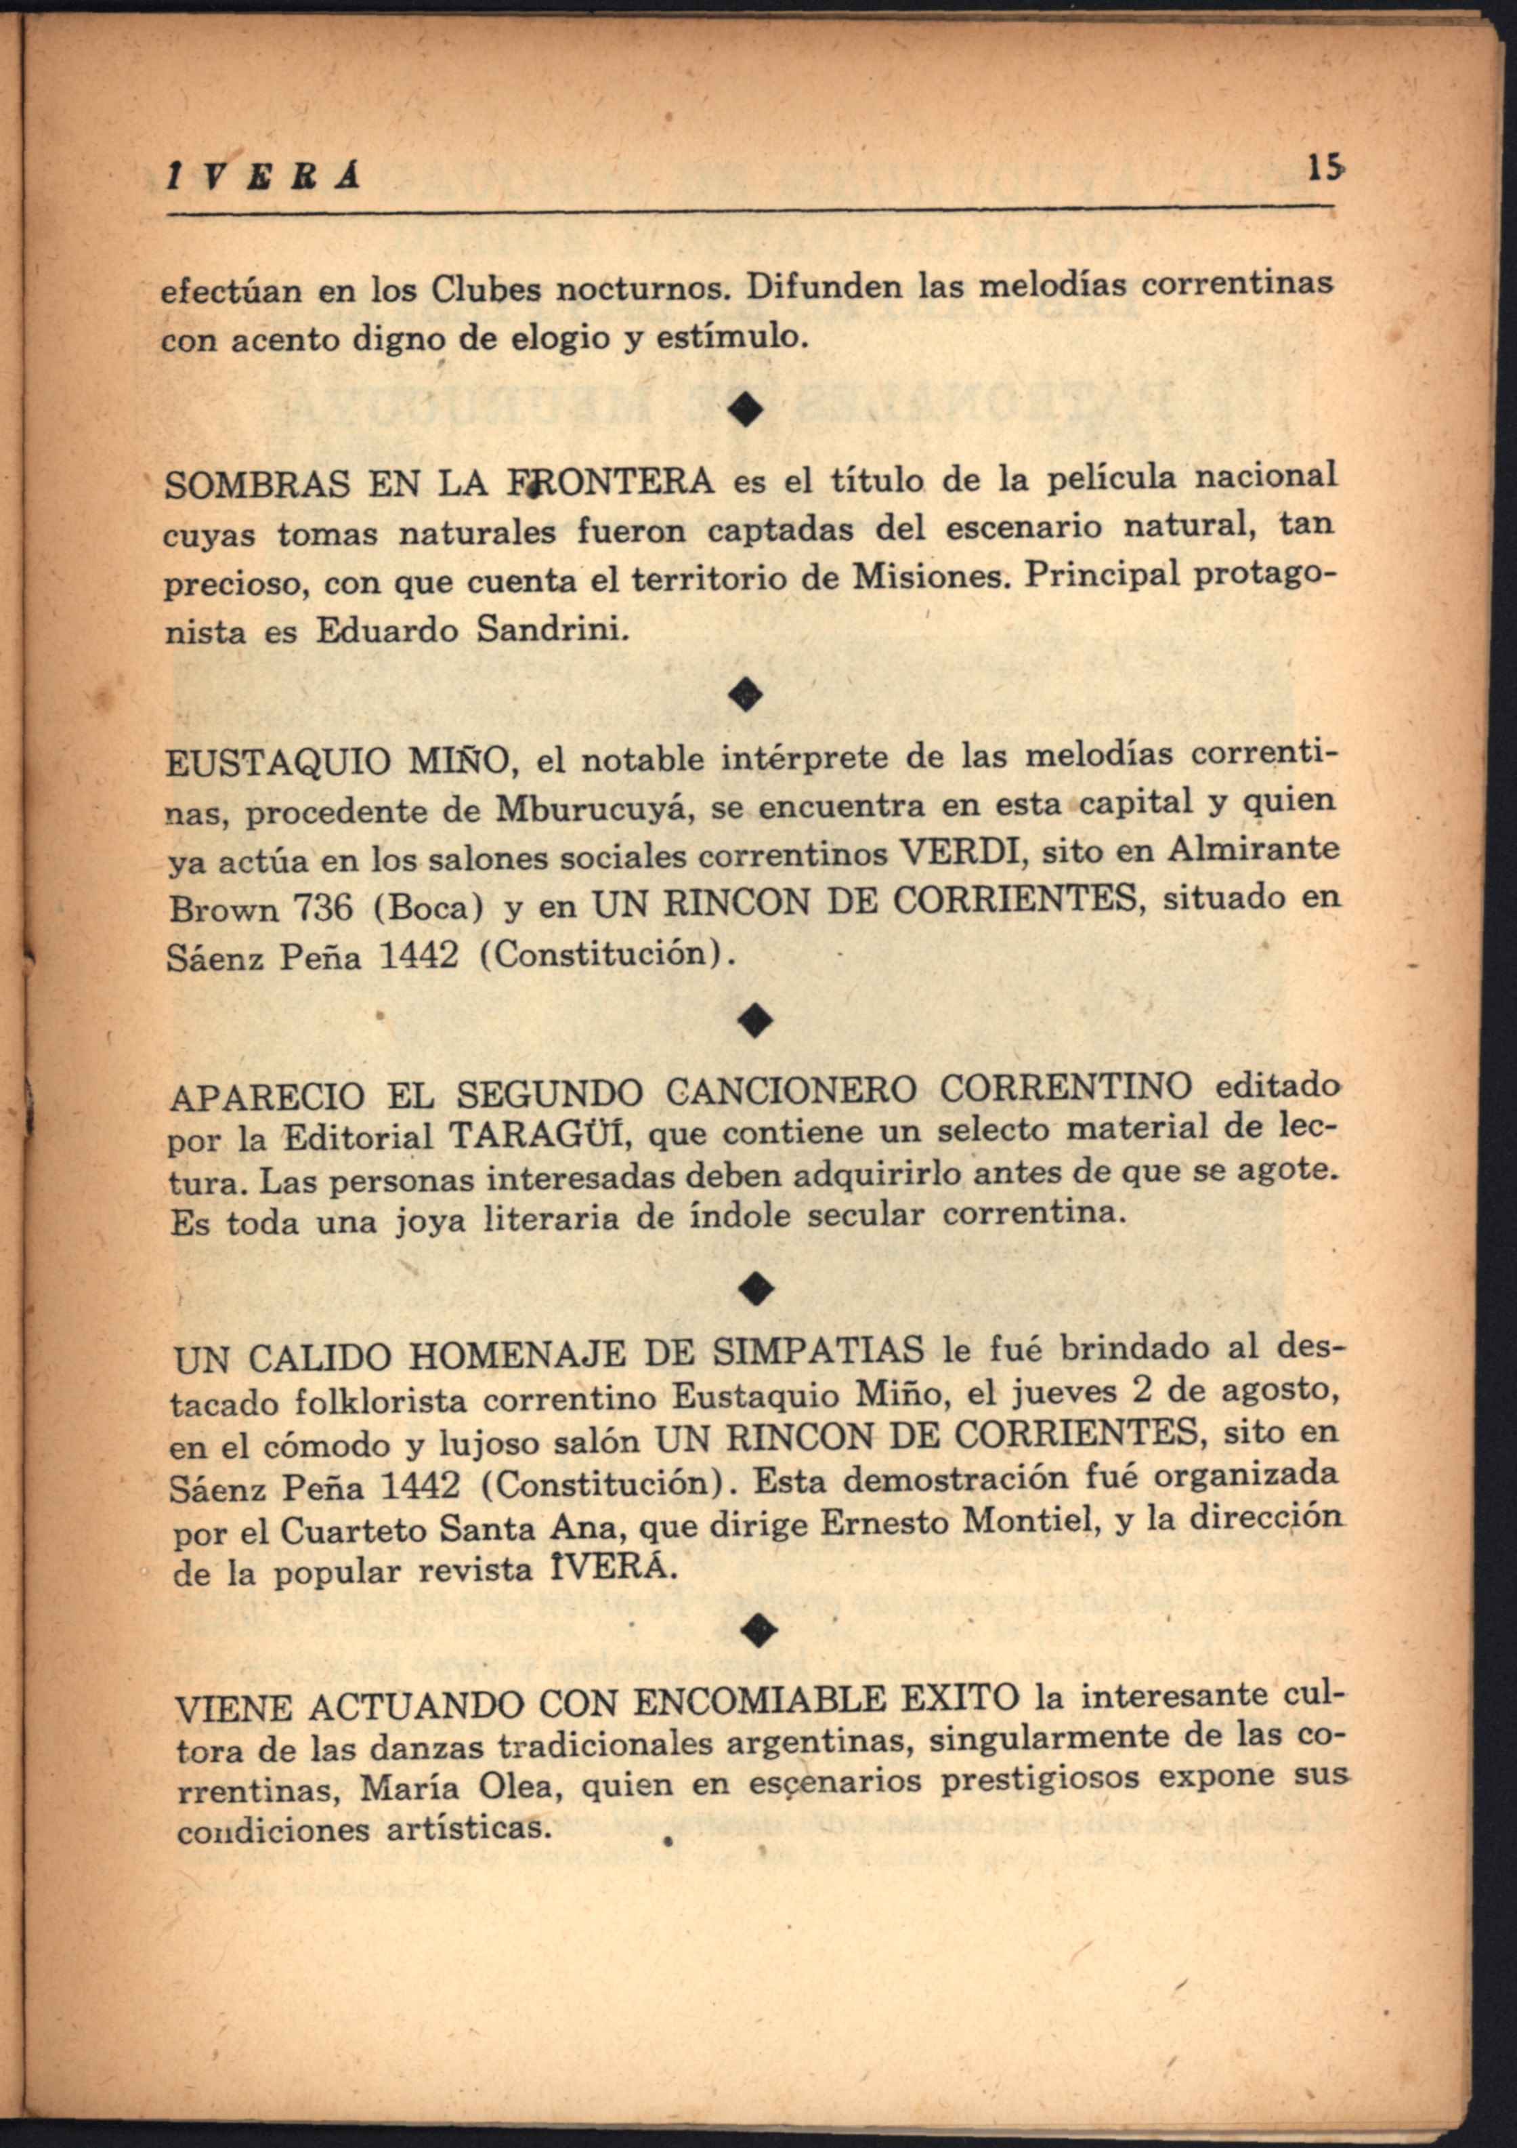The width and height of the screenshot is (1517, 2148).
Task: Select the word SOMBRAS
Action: point(256,484)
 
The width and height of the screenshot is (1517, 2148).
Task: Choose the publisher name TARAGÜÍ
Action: point(538,1137)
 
